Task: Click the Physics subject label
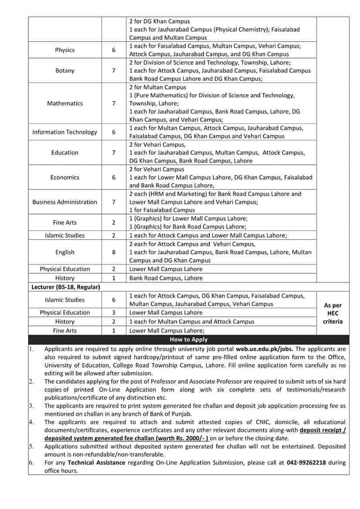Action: coord(64,50)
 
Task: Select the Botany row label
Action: coord(64,70)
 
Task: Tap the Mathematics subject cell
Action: coord(64,104)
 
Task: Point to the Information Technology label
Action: coord(64,132)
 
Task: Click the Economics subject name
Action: coord(64,177)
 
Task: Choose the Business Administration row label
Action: coord(64,202)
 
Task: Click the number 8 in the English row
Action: coord(113,252)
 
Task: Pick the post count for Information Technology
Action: coord(113,132)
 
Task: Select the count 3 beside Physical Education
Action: coord(113,312)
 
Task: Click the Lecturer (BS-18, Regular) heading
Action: coord(66,287)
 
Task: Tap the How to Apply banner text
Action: coord(188,339)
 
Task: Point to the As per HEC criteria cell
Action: coord(333,314)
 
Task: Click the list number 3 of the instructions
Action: coord(31,406)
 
